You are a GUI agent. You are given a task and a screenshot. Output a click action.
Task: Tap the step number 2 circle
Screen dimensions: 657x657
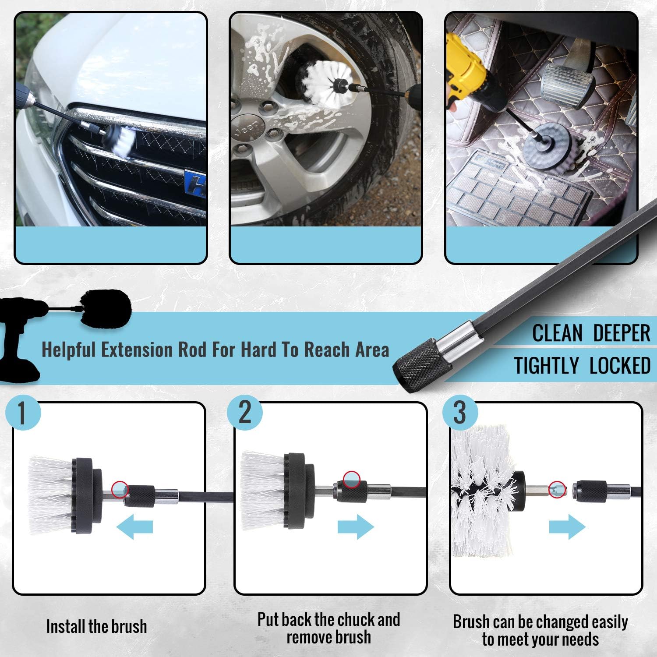coord(245,413)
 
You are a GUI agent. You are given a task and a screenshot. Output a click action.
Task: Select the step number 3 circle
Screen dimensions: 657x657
coord(459,413)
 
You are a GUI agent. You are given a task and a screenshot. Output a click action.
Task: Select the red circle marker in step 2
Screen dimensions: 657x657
coord(351,479)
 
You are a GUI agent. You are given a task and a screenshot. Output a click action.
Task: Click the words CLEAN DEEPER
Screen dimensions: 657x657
coord(591,333)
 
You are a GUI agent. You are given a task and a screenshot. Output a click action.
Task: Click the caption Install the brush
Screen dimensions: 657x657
coord(96,626)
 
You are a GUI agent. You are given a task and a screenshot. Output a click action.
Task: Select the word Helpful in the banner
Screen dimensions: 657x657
coord(68,350)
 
